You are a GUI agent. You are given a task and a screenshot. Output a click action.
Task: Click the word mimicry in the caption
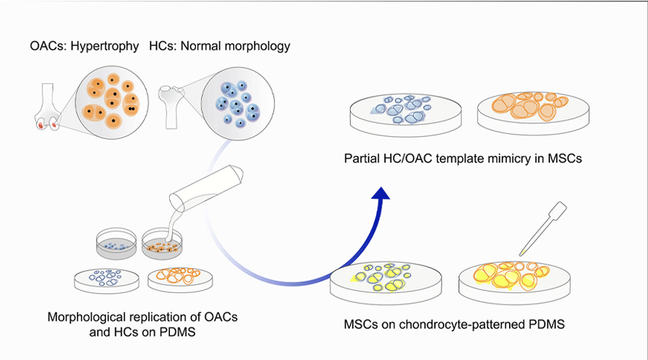point(508,158)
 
